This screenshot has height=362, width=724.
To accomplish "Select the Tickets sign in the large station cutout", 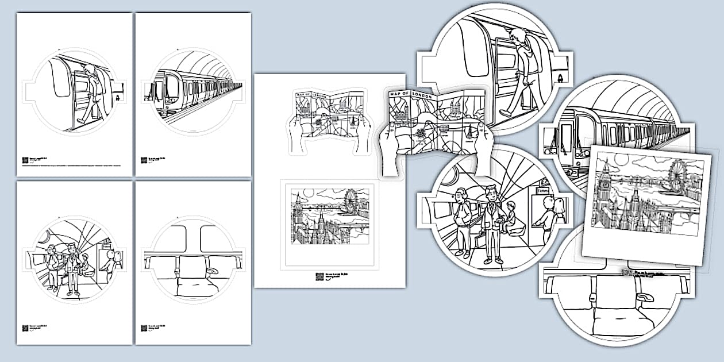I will pyautogui.click(x=543, y=191).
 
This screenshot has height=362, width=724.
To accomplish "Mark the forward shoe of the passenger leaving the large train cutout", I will pyautogui.click(x=505, y=113).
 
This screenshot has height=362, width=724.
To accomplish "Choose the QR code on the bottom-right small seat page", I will pyautogui.click(x=144, y=328).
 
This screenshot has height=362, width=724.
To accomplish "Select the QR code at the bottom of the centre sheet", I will pyautogui.click(x=319, y=276).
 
